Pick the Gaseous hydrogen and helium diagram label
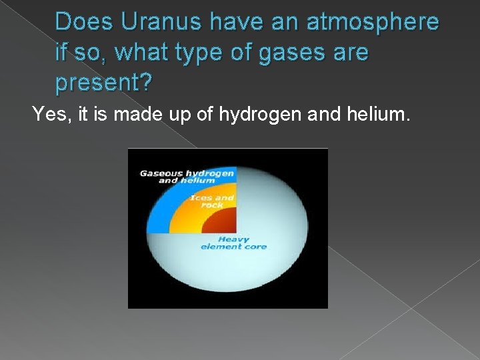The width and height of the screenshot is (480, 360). click(187, 177)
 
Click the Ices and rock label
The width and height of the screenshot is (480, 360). click(212, 201)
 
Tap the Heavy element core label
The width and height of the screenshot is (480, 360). click(233, 243)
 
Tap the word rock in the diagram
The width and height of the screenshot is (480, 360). click(212, 205)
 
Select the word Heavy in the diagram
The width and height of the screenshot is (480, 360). click(234, 239)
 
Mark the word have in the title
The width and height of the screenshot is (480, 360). click(236, 22)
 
